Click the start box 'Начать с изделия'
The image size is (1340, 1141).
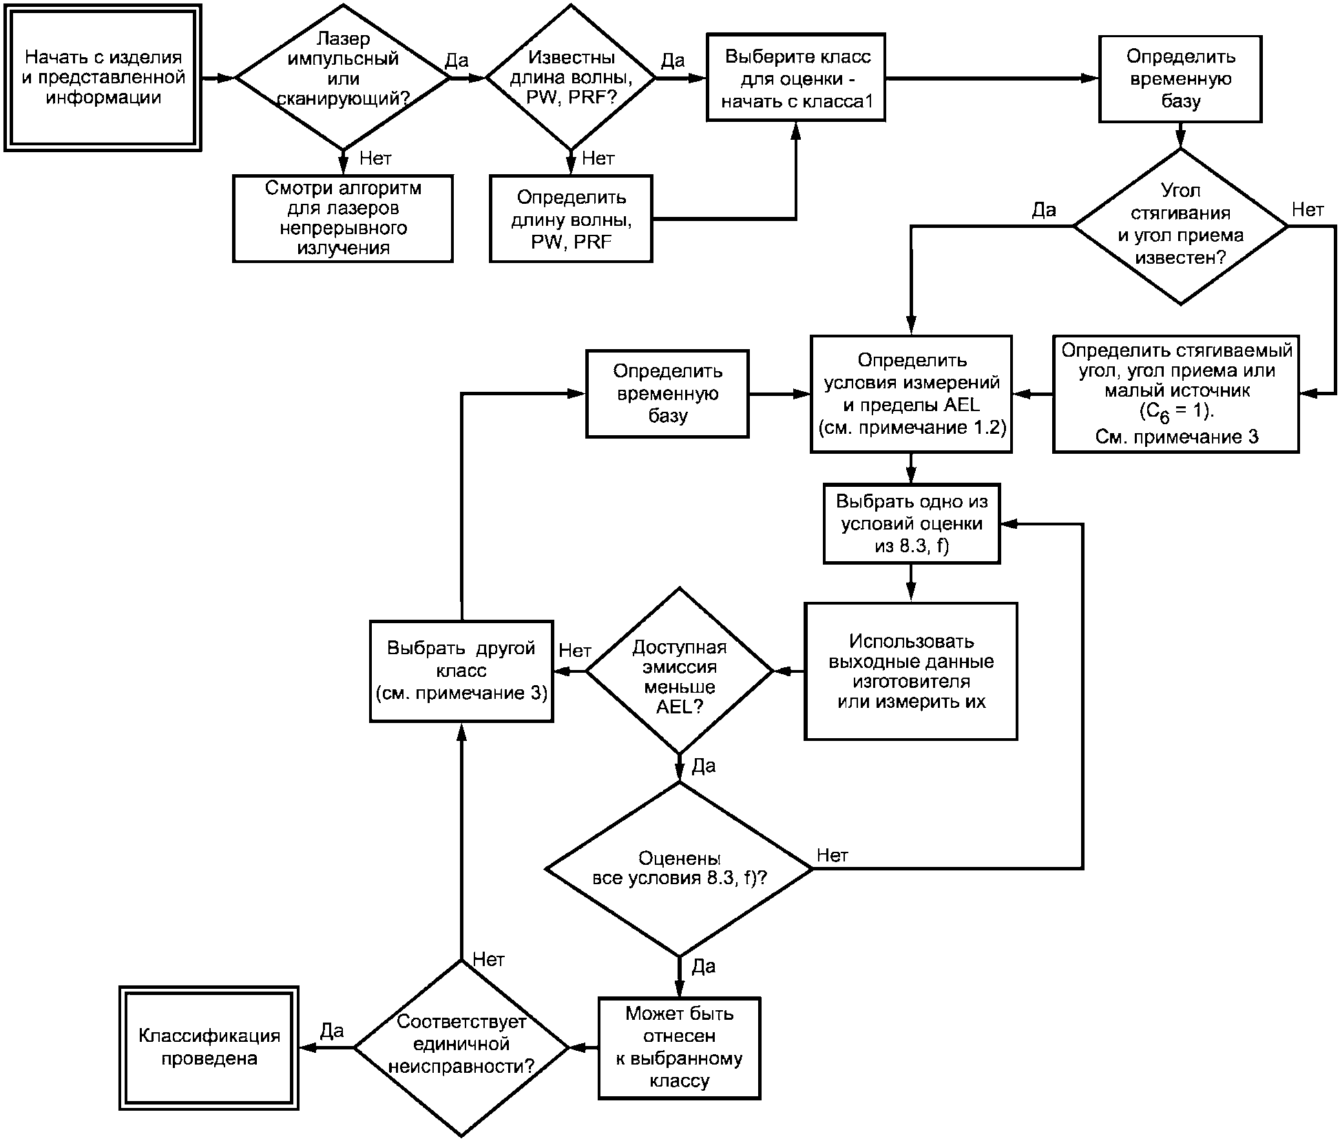click(103, 77)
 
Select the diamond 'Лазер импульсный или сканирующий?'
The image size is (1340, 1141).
click(343, 77)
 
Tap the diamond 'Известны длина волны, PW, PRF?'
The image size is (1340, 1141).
click(571, 77)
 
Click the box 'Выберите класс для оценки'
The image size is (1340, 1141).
click(796, 77)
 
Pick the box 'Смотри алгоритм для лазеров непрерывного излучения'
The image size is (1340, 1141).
click(343, 218)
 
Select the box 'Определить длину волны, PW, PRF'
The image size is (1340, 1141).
click(571, 218)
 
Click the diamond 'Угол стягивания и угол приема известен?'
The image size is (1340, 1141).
click(1180, 226)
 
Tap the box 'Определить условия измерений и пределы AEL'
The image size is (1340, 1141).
click(911, 394)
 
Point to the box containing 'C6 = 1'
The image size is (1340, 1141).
click(1176, 394)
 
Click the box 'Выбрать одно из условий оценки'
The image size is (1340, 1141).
click(911, 524)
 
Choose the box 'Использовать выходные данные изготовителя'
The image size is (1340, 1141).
click(911, 671)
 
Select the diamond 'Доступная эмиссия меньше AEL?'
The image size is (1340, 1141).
click(680, 671)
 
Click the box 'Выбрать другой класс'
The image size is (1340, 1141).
click(461, 671)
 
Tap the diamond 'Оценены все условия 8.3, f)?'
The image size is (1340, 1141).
click(680, 869)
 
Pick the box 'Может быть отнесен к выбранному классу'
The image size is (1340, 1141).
click(679, 1048)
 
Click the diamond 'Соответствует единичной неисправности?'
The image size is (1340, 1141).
click(461, 1048)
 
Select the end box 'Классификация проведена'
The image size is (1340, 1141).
click(209, 1048)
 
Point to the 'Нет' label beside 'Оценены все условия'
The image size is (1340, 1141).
click(832, 856)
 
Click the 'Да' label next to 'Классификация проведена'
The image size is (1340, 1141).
click(332, 1031)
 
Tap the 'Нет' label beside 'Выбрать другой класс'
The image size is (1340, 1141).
click(574, 650)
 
